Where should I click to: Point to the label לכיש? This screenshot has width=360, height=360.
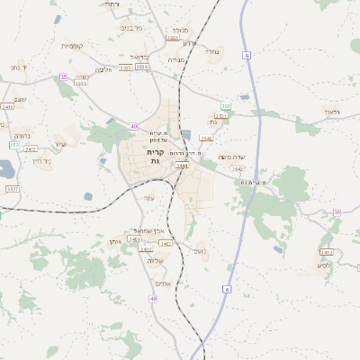coord(322,265)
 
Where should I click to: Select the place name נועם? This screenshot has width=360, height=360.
coord(199,253)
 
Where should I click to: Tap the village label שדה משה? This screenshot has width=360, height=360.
coord(232,157)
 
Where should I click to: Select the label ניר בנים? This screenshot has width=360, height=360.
coord(130,28)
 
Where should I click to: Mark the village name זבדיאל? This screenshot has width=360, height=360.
coord(152,56)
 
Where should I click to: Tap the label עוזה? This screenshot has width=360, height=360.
coord(149,198)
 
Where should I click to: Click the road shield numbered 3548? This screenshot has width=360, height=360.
coord(206,139)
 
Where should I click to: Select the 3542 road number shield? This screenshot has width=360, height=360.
coord(237,168)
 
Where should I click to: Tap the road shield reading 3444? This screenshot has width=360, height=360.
coord(182,166)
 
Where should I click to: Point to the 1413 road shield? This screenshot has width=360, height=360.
coord(326,252)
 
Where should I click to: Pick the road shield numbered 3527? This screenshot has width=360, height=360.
coord(13,189)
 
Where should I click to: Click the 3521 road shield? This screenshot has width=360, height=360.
coord(125,67)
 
